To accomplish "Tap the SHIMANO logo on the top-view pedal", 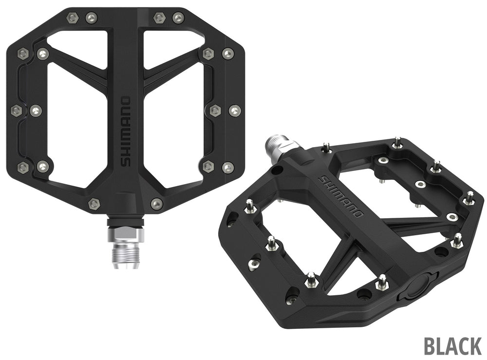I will coord(126,132).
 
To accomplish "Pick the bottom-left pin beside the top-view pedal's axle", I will coord(94,204).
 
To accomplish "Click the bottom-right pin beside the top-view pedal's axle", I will coord(156,204).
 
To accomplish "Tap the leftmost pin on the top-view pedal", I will coord(16,111).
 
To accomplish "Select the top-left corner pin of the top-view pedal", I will coord(73,18).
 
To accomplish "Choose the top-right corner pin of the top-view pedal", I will coord(178,18).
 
